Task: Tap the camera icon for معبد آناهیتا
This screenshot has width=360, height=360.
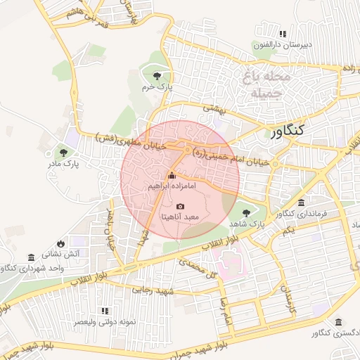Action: [181, 206]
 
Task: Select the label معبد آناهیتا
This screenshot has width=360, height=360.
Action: [181, 217]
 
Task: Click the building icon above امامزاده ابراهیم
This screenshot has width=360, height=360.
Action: [172, 175]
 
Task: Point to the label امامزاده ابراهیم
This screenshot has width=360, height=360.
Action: [172, 187]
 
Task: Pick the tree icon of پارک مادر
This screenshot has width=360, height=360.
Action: [63, 151]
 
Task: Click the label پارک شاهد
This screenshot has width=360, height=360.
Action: [245, 223]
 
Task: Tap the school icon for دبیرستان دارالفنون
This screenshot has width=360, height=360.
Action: [283, 33]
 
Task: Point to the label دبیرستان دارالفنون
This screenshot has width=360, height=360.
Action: [283, 44]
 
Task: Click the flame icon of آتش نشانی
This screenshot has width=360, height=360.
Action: [61, 243]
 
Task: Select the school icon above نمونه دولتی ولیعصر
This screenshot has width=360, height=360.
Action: [105, 310]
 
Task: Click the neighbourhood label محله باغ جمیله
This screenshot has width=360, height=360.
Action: [262, 84]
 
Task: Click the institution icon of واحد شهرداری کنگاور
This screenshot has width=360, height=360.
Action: [31, 258]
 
